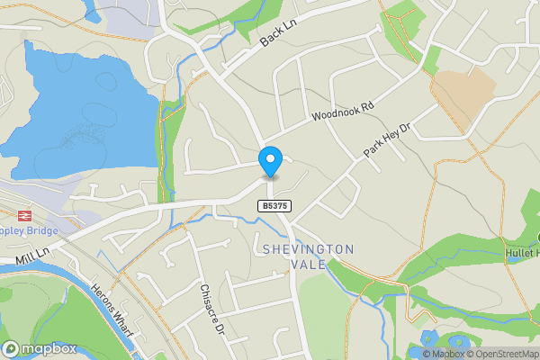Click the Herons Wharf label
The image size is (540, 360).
(112, 311)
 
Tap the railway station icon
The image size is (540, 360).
(22, 215)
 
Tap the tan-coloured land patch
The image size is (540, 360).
(464, 90)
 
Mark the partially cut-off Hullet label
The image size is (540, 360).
(522, 255)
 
